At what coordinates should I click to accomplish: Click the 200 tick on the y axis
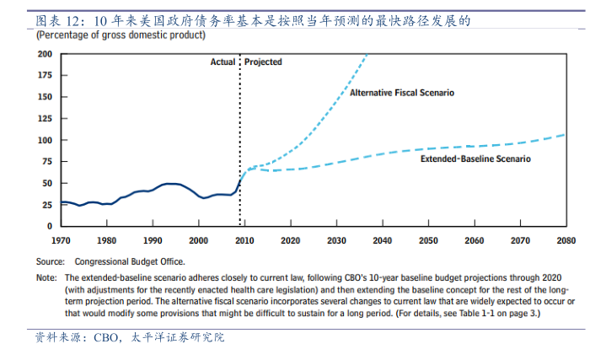(45, 54)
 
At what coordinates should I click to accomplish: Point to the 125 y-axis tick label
(45, 118)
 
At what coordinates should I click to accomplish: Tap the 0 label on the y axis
(50, 226)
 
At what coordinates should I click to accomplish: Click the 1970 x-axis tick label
(60, 240)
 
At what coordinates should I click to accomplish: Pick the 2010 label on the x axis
(244, 240)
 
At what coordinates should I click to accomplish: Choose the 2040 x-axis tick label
(382, 240)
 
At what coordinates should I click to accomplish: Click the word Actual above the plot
(223, 62)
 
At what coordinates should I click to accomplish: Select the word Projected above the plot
(264, 62)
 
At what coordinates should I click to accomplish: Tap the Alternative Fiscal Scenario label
(402, 93)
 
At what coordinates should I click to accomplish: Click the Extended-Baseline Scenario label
(476, 158)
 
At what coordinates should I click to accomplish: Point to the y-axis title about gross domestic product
(121, 36)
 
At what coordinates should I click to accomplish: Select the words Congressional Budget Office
(130, 261)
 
